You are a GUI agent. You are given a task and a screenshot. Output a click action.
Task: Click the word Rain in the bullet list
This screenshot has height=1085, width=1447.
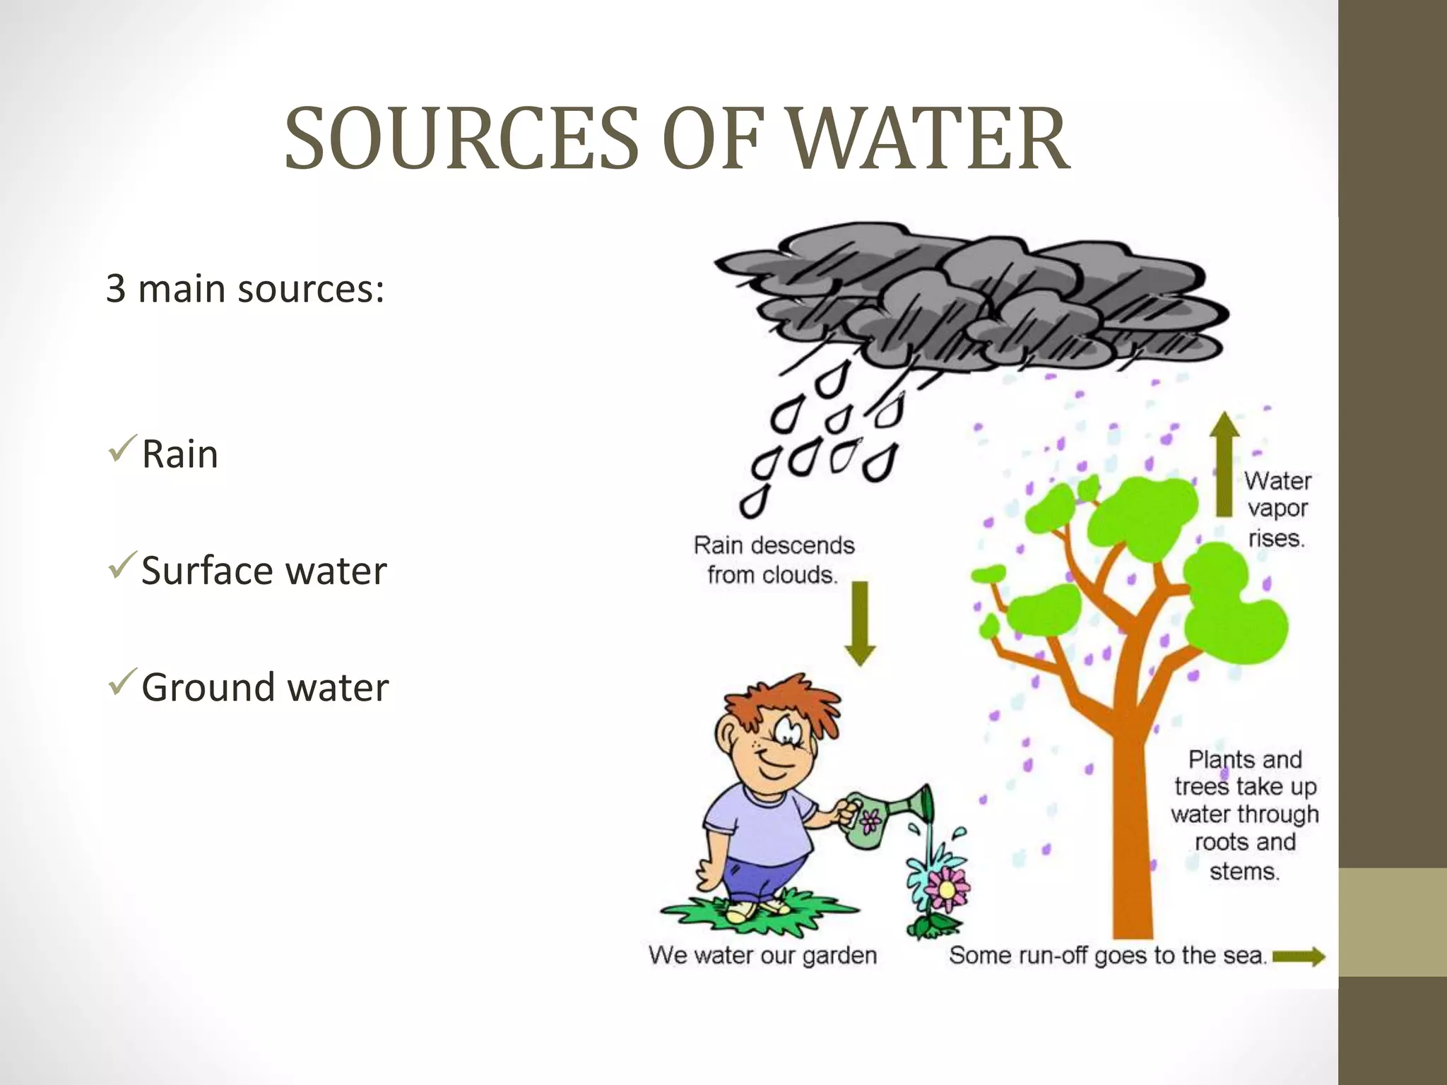click(179, 454)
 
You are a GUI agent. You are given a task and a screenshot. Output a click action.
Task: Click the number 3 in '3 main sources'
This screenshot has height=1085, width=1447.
click(116, 289)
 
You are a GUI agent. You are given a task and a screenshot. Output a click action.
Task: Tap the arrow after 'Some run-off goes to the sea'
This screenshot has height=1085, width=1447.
click(1299, 957)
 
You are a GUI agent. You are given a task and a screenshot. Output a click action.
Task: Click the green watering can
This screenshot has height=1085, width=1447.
click(876, 819)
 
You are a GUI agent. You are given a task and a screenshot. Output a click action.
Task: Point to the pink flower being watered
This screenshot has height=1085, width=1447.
click(947, 889)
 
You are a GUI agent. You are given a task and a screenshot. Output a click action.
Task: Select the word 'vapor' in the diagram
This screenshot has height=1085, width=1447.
click(1277, 509)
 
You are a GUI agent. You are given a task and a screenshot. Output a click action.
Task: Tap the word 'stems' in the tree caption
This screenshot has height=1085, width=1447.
click(1244, 871)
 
